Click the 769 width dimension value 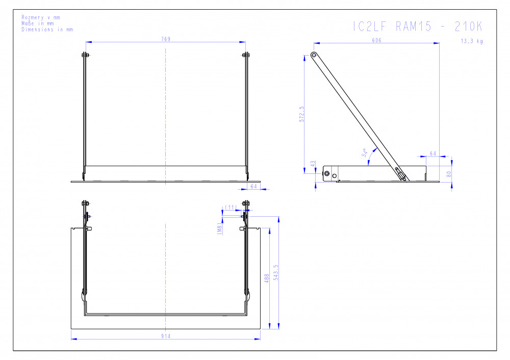point(166,39)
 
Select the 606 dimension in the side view point(376,40)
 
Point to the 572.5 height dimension point(302,114)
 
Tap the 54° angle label point(365,152)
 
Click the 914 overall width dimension point(166,336)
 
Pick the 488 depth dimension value point(267,278)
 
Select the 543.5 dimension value point(276,272)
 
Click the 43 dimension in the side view point(313,164)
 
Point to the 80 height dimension point(449,174)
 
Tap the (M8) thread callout point(220,228)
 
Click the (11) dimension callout point(231,207)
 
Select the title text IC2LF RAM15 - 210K point(418,27)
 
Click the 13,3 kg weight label point(472,41)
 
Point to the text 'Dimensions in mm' point(47,29)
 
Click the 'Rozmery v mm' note point(41,17)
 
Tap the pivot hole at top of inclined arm point(314,55)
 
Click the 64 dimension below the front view point(253,186)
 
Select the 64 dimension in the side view point(433,153)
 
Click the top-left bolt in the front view point(85,55)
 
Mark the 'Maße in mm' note point(38,23)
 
